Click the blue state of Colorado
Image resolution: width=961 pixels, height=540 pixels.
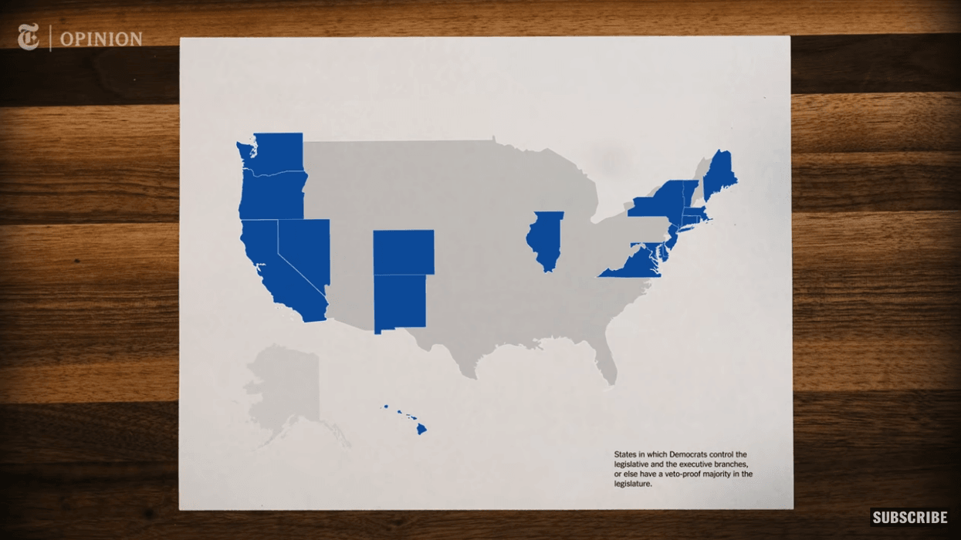tap(403, 251)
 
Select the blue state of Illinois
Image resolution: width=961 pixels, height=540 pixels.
tap(545, 239)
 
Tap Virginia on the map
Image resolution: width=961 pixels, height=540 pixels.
tap(629, 265)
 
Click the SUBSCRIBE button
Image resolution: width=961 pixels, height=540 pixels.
tap(909, 517)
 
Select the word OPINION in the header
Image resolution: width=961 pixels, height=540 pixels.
tap(101, 39)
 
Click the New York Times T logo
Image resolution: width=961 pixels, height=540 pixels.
tap(29, 37)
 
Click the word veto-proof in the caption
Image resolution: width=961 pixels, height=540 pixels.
tap(680, 474)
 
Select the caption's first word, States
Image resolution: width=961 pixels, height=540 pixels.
tap(626, 455)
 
